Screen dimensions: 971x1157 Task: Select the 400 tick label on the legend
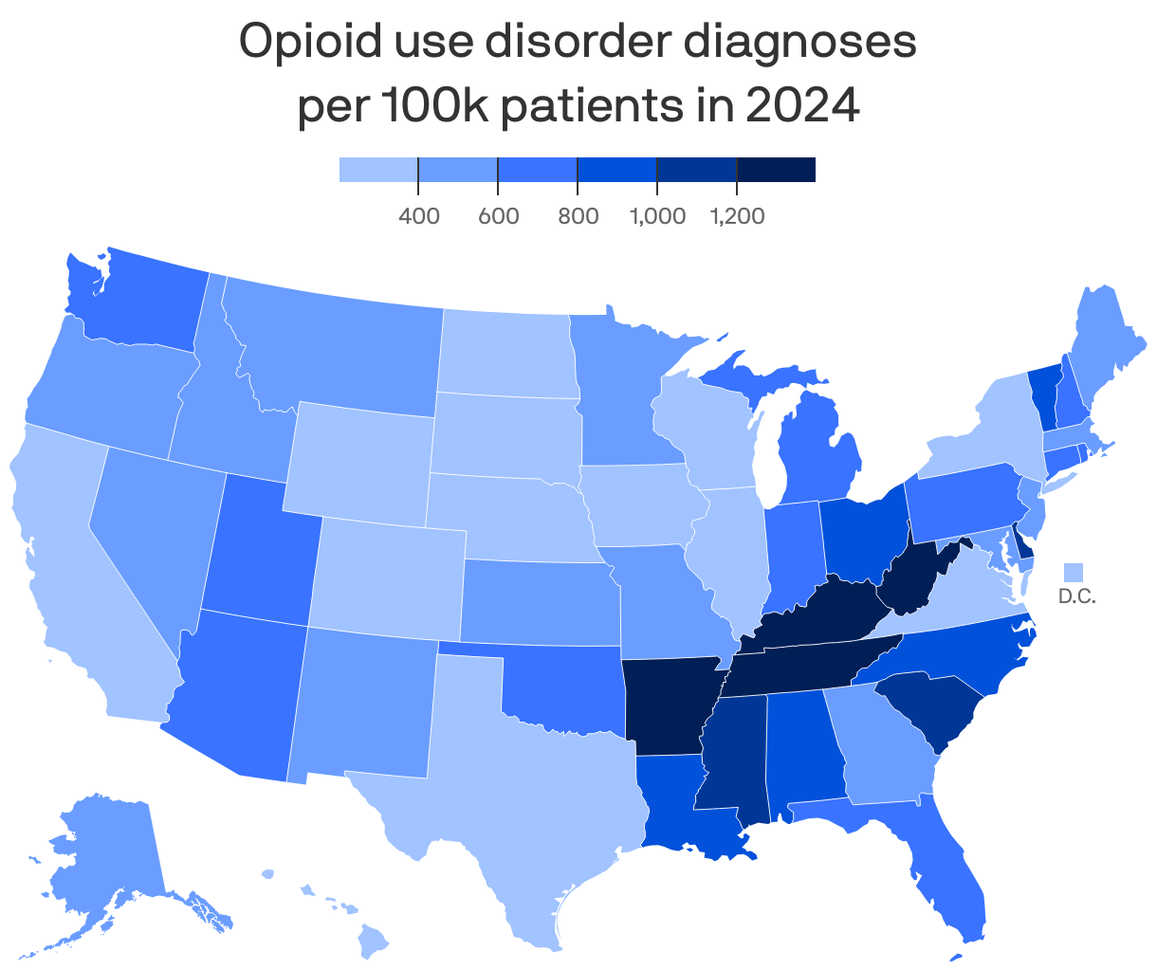(x=418, y=216)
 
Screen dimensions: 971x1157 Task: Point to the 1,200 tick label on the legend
(x=737, y=216)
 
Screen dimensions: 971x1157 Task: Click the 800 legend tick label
(x=578, y=216)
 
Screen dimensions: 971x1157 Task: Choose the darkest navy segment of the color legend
(x=776, y=170)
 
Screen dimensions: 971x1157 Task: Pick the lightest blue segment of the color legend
(x=378, y=170)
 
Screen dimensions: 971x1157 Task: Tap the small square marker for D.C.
(x=1073, y=572)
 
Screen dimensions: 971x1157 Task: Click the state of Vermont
(x=1044, y=388)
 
